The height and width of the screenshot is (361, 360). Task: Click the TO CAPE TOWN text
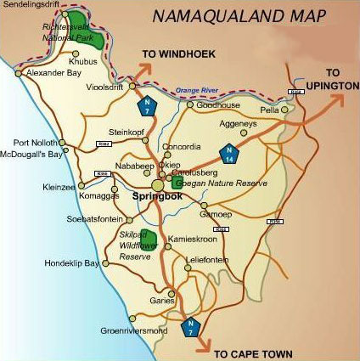(253, 353)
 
